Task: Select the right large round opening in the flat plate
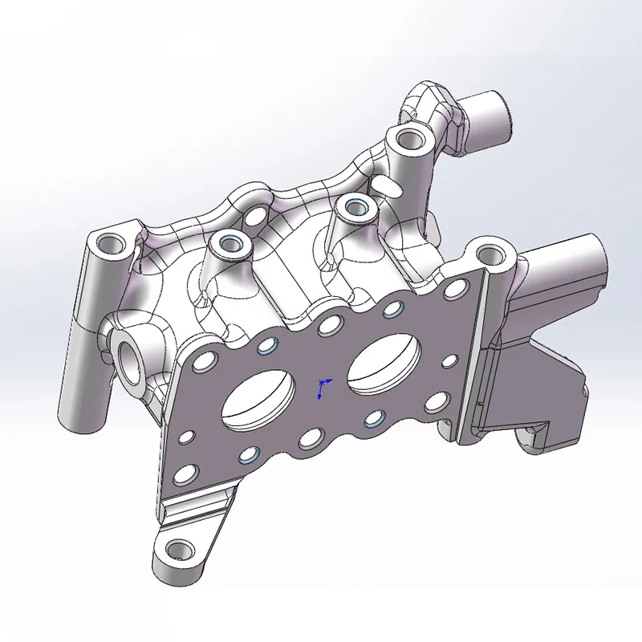[x=384, y=360]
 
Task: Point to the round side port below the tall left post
[x=130, y=355]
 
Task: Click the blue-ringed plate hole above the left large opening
[x=266, y=347]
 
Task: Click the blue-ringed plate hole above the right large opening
[x=392, y=308]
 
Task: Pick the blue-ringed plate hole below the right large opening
[x=374, y=417]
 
